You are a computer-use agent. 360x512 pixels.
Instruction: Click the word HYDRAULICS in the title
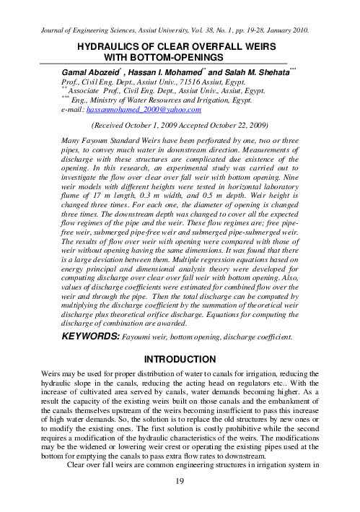point(96,45)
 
